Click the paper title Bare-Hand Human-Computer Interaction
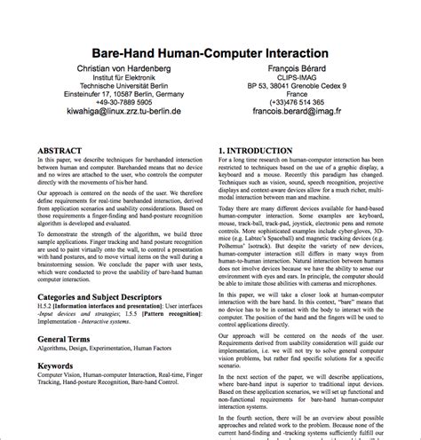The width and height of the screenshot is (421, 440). point(210,53)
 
